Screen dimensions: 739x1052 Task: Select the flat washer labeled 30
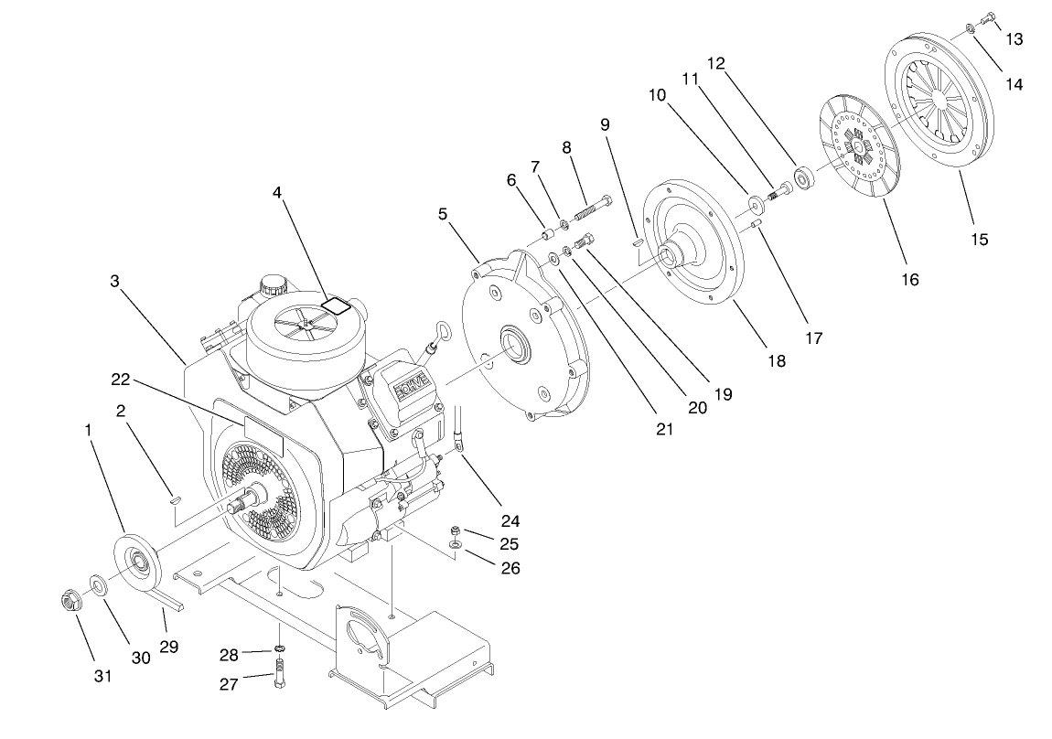point(99,584)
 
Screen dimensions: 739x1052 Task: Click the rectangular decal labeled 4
point(338,305)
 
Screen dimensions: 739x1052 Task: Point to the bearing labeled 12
point(805,177)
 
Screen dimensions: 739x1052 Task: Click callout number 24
point(510,521)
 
